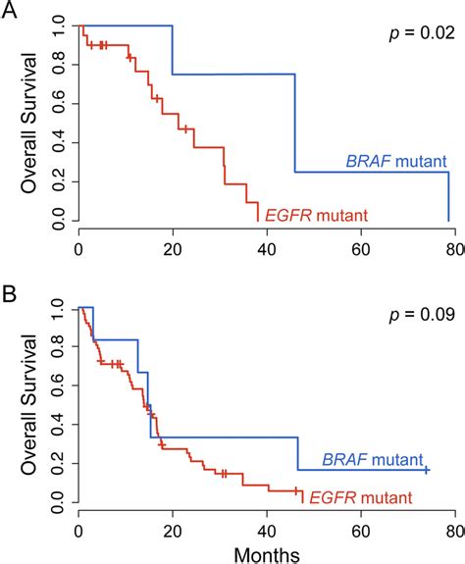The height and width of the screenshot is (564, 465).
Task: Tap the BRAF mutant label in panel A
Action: click(x=396, y=161)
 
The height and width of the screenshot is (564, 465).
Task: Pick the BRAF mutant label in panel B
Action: click(x=373, y=458)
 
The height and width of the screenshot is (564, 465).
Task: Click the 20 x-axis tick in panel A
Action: click(x=173, y=248)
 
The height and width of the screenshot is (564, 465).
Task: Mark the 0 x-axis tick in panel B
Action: click(x=79, y=530)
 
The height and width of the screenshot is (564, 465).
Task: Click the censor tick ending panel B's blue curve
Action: click(x=426, y=470)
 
